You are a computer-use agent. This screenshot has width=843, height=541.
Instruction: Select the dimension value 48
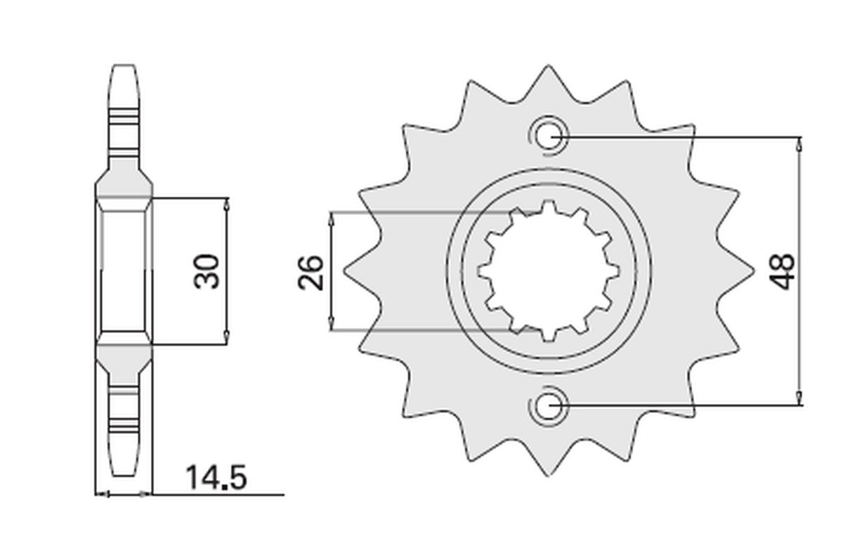(x=782, y=271)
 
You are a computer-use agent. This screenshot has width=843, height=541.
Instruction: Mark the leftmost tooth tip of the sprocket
(x=346, y=271)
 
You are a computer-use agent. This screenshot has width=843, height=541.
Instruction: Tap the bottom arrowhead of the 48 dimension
(x=799, y=398)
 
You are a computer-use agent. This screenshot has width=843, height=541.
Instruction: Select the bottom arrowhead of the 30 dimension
(x=226, y=337)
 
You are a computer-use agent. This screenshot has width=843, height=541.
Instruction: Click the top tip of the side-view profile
(x=124, y=67)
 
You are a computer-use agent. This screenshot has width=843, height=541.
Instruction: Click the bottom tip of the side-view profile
(x=124, y=475)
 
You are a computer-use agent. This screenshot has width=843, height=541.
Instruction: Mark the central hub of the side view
(x=124, y=271)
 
